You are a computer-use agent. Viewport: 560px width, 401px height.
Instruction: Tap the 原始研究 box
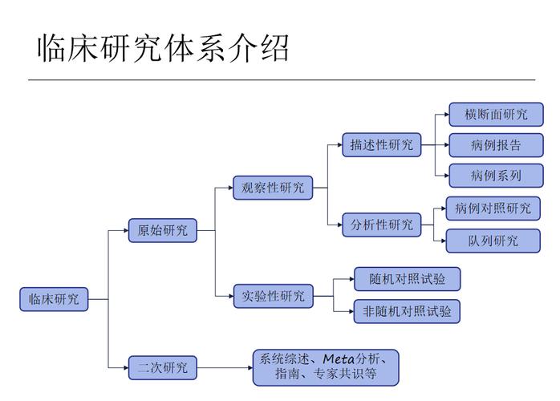tap(163, 230)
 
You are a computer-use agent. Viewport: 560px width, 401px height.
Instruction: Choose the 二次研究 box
tap(163, 368)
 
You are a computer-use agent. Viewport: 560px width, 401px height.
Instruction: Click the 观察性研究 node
tap(274, 188)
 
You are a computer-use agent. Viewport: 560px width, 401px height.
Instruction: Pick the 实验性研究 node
tap(274, 296)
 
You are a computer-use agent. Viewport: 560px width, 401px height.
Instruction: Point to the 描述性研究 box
tap(382, 145)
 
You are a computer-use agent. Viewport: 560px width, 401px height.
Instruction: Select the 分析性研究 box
tap(382, 225)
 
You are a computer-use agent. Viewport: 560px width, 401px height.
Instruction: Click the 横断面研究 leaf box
tap(496, 115)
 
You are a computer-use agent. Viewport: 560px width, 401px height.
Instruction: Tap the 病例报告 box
tap(496, 145)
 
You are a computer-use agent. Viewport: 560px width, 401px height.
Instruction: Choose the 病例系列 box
tap(496, 176)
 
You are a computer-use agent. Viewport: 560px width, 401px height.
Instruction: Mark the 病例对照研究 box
tap(493, 209)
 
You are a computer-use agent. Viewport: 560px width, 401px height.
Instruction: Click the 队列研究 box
tap(493, 240)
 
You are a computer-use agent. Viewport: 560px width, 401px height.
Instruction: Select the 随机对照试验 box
tap(408, 279)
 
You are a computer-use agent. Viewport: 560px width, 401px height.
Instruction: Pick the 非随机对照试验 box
tap(408, 311)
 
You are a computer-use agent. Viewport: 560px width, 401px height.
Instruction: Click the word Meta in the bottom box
tap(340, 358)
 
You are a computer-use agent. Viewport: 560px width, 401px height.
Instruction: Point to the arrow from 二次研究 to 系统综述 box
tap(225, 368)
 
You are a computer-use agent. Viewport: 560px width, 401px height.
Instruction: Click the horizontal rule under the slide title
tap(281, 80)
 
